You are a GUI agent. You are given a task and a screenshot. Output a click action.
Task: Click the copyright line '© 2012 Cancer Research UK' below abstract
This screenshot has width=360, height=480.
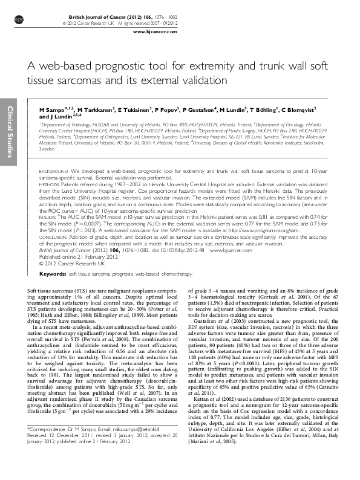pyautogui.click(x=65, y=262)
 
